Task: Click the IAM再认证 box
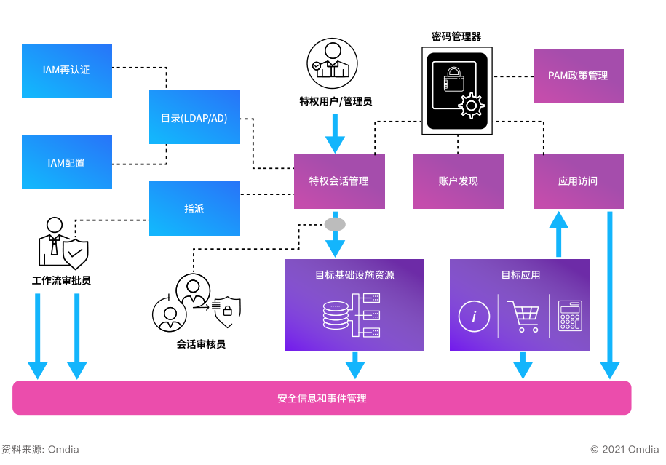pyautogui.click(x=66, y=71)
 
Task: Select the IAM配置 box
pyautogui.click(x=66, y=162)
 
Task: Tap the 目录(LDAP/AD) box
pyautogui.click(x=194, y=117)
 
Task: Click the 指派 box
pyautogui.click(x=194, y=209)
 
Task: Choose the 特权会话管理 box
pyautogui.click(x=339, y=181)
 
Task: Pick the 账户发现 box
pyautogui.click(x=459, y=181)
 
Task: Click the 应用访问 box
pyautogui.click(x=578, y=181)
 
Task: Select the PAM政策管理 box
pyautogui.click(x=578, y=76)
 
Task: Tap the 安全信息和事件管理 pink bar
pyautogui.click(x=322, y=398)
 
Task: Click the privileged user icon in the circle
pyautogui.click(x=332, y=63)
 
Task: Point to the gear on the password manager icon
pyautogui.click(x=471, y=106)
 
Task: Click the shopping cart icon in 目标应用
pyautogui.click(x=523, y=317)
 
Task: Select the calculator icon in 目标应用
pyautogui.click(x=569, y=317)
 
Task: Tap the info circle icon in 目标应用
pyautogui.click(x=474, y=317)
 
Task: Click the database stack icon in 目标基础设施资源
pyautogui.click(x=336, y=314)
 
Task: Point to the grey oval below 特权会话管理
pyautogui.click(x=335, y=224)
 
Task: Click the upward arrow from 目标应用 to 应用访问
pyautogui.click(x=558, y=234)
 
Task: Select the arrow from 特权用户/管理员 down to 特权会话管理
pyautogui.click(x=335, y=132)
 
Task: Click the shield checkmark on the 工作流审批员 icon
pyautogui.click(x=75, y=255)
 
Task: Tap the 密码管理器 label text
pyautogui.click(x=456, y=36)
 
